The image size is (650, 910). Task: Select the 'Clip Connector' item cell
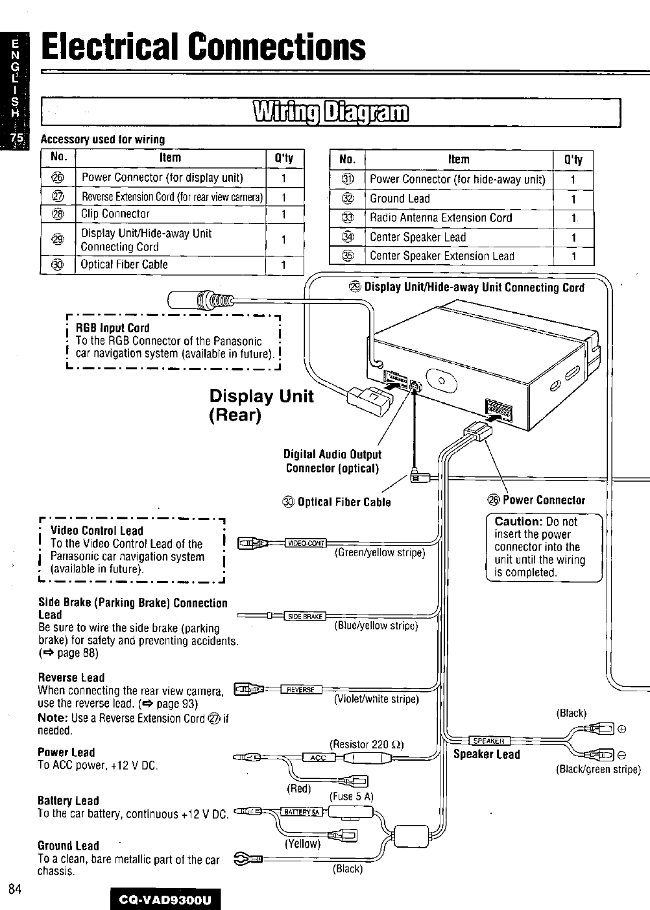[115, 214]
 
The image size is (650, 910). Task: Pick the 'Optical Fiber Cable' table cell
[124, 265]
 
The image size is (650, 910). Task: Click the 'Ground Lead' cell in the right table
[400, 199]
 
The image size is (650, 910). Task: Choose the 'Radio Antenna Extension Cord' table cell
[440, 218]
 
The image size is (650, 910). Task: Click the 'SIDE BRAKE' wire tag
[304, 616]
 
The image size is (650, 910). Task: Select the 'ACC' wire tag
[317, 757]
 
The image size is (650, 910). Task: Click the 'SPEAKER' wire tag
[489, 741]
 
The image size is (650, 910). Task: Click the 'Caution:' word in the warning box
[518, 521]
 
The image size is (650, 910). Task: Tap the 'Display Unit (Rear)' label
[261, 406]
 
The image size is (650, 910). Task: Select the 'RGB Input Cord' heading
[113, 328]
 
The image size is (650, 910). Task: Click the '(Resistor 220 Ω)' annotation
[367, 744]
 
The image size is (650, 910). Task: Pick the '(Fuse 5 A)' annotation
[352, 796]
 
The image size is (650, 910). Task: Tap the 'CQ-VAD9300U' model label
[167, 899]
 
